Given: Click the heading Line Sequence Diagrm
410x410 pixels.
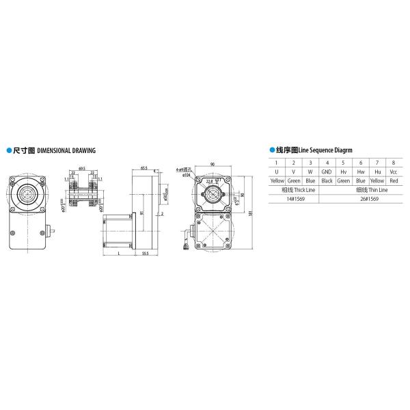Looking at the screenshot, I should pos(321,148).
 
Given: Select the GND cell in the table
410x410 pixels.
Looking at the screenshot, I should pos(327,172).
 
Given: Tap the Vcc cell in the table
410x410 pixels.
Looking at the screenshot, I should pos(393,172).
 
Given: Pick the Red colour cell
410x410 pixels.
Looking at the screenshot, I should pos(393,180).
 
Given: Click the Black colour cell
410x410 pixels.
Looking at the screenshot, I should pos(327,180).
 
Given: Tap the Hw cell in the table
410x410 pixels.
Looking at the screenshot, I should pos(360,172).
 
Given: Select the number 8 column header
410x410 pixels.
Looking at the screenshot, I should pos(393,163).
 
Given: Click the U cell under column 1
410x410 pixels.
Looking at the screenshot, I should pos(277,172).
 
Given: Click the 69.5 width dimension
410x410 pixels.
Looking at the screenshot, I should pos(81,166).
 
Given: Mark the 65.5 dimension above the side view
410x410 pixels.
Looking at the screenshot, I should pos(144,166).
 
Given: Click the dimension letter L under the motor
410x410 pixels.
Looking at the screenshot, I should pos(119,252).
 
